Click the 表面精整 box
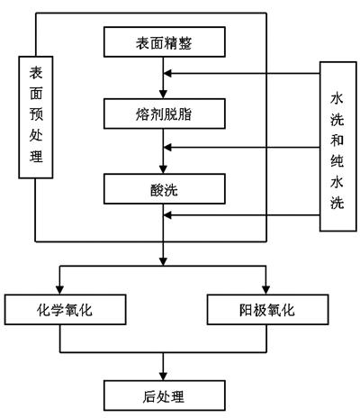pos(165,42)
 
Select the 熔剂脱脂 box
pos(165,114)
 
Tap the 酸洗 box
pos(165,189)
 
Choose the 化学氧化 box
pos(65,310)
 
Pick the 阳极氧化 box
pos(267,310)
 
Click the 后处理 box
pos(165,395)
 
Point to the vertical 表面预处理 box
pos(36,117)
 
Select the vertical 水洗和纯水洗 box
pos(338,146)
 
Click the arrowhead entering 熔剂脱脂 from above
pos(163,94)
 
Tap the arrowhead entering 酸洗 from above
pos(163,169)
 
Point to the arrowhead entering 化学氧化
pos(60,290)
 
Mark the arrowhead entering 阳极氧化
pos(266,290)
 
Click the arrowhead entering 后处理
pos(163,376)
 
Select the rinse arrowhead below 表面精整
pos(167,73)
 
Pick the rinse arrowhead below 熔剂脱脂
pos(167,148)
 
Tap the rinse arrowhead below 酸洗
pos(167,215)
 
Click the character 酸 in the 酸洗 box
pos(157,189)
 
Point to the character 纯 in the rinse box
pos(337,161)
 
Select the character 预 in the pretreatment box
pos(36,114)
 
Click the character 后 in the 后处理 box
pos(149,396)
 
